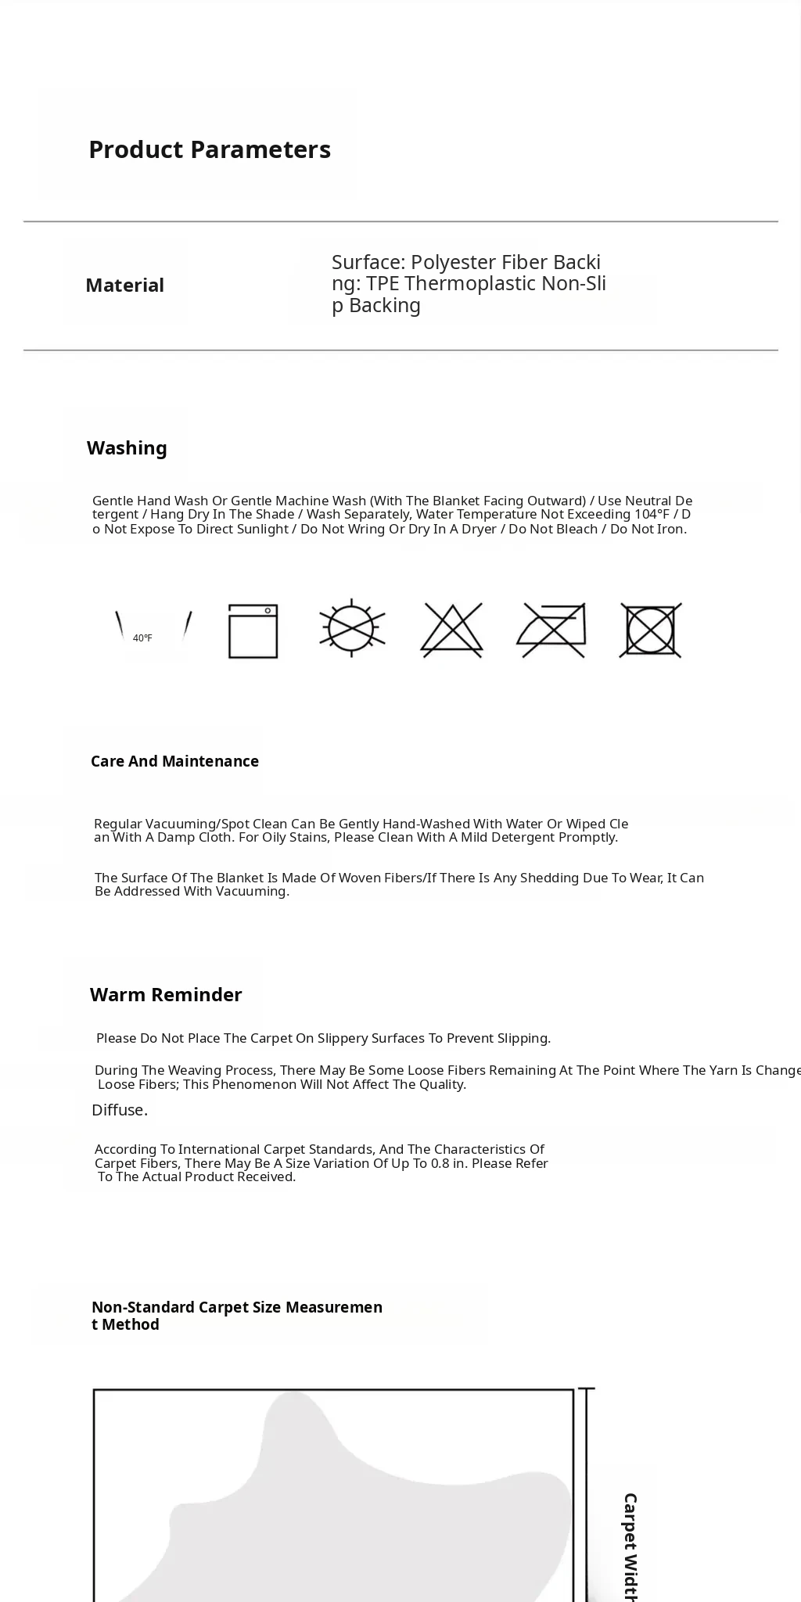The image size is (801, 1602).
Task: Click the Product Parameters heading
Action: click(x=210, y=149)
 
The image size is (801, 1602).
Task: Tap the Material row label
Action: click(x=124, y=286)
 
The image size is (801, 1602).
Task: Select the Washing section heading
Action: click(x=127, y=448)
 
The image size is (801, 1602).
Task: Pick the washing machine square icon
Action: click(x=253, y=630)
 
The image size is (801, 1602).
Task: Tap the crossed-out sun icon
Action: click(x=352, y=628)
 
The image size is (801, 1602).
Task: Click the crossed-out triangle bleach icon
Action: click(x=452, y=629)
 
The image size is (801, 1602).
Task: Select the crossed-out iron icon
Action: click(x=551, y=629)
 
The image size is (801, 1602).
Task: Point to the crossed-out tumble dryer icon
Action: click(x=651, y=630)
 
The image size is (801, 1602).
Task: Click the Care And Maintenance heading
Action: click(x=174, y=761)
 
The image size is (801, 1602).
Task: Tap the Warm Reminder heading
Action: click(x=166, y=995)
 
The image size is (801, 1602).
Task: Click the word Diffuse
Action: click(x=120, y=1110)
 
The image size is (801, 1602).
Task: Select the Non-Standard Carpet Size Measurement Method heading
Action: click(x=236, y=1316)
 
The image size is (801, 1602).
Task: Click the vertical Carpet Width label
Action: click(x=630, y=1545)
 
